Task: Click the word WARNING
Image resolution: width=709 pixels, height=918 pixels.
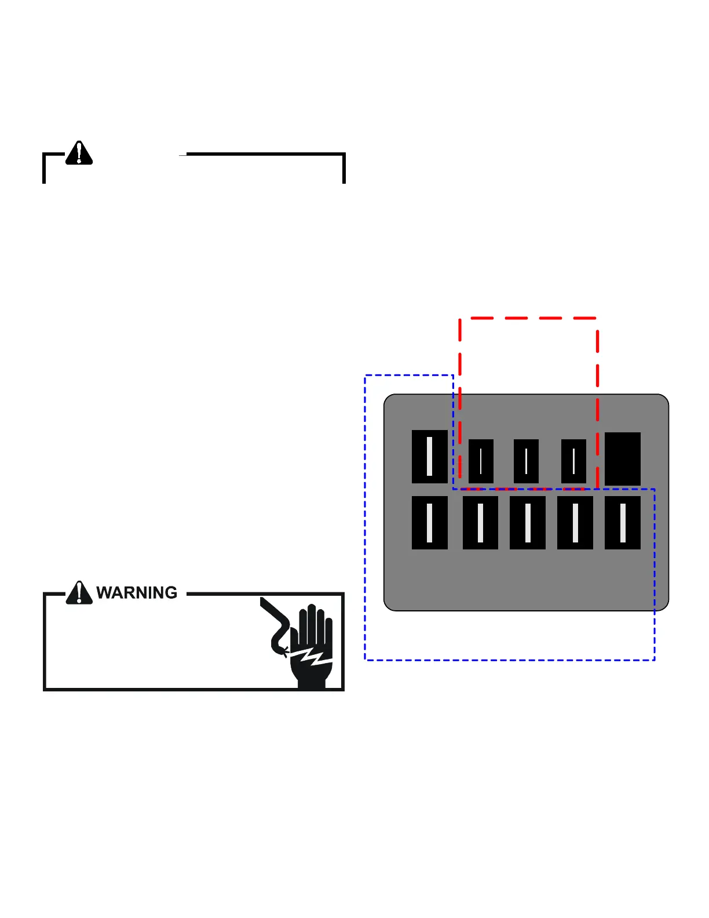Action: pos(137,592)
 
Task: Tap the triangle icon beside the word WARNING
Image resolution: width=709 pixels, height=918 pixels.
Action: pos(79,592)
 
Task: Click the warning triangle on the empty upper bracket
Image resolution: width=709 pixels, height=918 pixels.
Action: pos(79,153)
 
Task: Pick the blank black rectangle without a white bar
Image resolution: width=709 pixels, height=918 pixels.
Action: pos(623,459)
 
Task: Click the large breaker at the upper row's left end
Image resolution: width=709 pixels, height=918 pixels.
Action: pos(430,457)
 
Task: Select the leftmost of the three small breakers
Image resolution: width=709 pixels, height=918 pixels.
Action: pos(481,461)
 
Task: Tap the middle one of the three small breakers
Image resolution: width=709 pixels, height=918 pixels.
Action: pos(526,461)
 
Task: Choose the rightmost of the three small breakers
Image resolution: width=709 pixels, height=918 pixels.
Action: pos(573,461)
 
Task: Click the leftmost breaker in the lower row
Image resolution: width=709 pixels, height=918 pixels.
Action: pos(430,523)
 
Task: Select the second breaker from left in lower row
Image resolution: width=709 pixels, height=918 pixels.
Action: pos(480,523)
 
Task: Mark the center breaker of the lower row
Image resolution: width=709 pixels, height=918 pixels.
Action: pos(528,523)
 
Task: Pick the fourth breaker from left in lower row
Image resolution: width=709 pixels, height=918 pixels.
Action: pos(575,523)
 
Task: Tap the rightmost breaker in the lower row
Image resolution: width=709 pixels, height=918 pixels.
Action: pos(623,523)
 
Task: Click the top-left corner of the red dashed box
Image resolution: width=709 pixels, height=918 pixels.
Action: pos(460,318)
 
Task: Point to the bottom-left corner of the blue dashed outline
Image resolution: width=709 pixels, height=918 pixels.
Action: pos(365,660)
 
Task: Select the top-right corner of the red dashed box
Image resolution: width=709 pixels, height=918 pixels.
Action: pos(597,318)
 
